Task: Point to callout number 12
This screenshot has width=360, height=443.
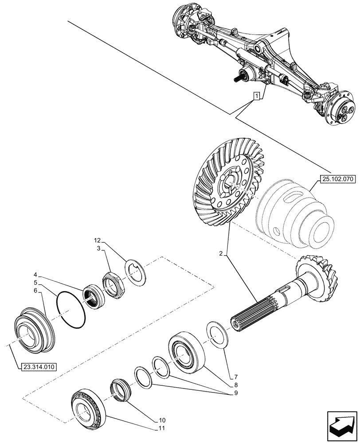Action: (x=98, y=241)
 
